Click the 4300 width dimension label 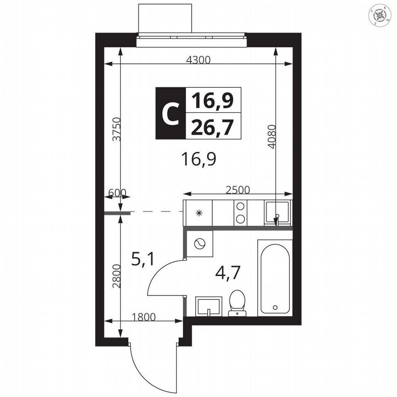click(x=198, y=59)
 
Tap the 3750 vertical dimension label click(x=116, y=130)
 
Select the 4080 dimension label click(x=272, y=136)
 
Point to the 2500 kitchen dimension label click(x=238, y=190)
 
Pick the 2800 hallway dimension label click(x=116, y=276)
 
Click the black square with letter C click(x=170, y=113)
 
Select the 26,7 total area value click(x=213, y=125)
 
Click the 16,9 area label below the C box click(x=198, y=160)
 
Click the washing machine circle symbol click(x=200, y=244)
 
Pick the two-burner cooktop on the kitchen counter click(x=239, y=213)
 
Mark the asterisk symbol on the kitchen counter click(x=199, y=213)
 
